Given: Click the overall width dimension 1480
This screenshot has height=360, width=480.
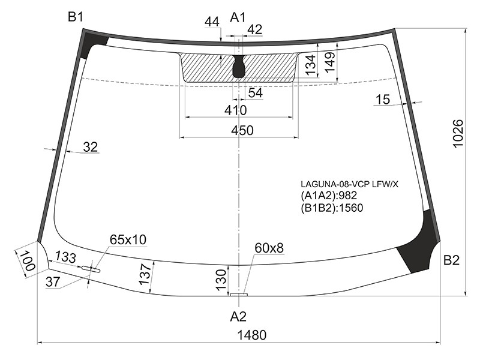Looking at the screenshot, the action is (252, 335).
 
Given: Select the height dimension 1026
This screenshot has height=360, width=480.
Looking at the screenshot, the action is (458, 133).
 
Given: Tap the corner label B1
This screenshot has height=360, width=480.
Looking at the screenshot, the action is (76, 17).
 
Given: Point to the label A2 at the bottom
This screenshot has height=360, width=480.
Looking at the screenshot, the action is (238, 317).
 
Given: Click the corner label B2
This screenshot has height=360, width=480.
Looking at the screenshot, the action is (452, 260).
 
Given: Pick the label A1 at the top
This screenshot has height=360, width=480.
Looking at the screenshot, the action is (238, 17).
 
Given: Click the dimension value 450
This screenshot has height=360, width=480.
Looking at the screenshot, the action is (242, 131).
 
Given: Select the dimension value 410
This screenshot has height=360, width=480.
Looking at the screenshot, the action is (235, 110).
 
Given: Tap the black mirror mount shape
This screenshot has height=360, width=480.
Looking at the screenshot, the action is (239, 67).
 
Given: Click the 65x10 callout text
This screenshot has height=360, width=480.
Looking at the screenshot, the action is (128, 239).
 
